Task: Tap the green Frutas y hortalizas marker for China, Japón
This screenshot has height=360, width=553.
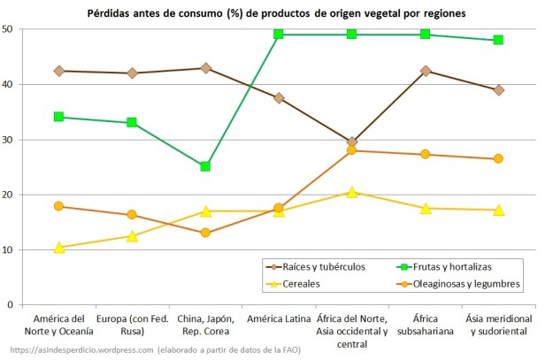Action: [x=205, y=166]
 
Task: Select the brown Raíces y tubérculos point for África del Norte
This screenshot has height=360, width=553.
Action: [x=352, y=142]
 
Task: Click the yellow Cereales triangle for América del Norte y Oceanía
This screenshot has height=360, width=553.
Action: [x=58, y=248]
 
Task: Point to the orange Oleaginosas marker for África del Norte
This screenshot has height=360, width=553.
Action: [x=352, y=150]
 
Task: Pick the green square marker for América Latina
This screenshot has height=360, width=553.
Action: [x=279, y=34]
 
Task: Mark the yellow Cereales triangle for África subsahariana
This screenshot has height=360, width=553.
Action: [x=426, y=208]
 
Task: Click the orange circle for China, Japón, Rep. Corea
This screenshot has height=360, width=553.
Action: [x=205, y=233]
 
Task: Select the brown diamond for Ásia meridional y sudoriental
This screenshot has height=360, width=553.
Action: [x=499, y=90]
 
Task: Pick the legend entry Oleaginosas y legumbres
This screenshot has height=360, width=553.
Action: [x=465, y=283]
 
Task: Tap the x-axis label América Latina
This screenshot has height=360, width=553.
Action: [x=279, y=319]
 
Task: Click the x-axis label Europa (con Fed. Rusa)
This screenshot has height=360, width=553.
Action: [x=132, y=326]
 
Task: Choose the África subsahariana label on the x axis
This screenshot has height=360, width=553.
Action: [x=426, y=326]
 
